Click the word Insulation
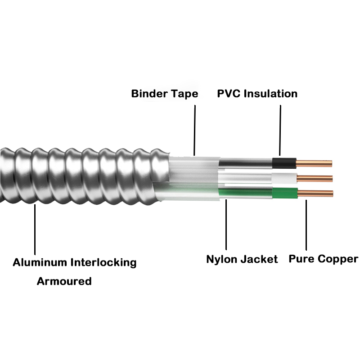[x=272, y=94]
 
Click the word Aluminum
[x=40, y=262]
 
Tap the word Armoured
[x=64, y=282]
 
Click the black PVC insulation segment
[x=284, y=163]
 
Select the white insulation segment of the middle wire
[x=284, y=178]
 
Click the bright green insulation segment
[x=284, y=193]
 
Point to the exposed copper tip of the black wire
[x=314, y=163]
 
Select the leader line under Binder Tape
[x=195, y=130]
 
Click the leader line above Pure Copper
[x=306, y=225]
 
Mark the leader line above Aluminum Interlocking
[x=34, y=229]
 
